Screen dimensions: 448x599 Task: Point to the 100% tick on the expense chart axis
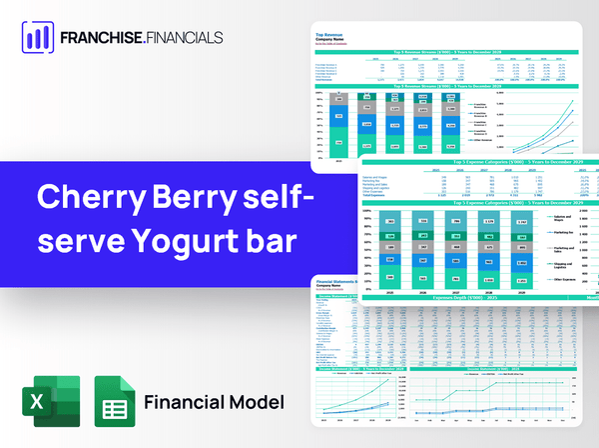[366, 212]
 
